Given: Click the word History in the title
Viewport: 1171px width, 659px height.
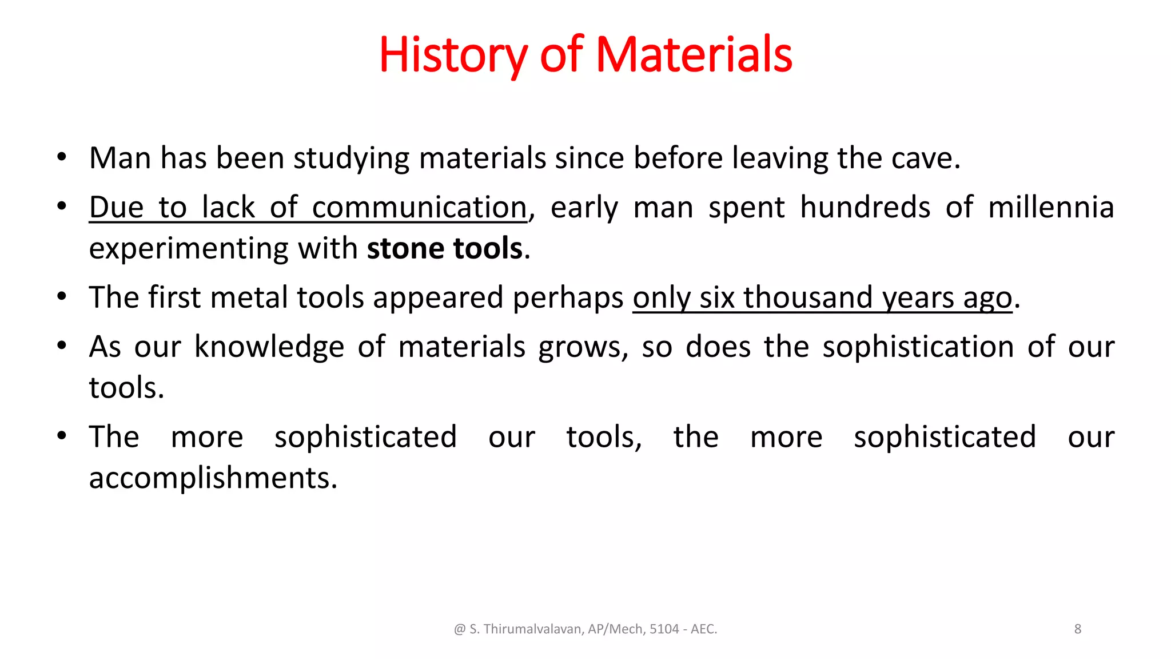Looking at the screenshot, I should [452, 55].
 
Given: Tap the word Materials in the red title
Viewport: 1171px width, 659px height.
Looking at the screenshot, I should [694, 55].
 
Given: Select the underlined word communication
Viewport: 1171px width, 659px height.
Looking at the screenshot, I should [419, 208].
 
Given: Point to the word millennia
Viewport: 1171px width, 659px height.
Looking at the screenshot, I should [1051, 208].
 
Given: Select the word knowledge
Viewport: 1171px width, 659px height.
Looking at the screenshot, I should [269, 347].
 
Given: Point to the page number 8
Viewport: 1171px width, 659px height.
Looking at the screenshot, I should [1078, 629].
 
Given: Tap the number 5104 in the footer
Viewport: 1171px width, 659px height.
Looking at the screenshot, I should [664, 629].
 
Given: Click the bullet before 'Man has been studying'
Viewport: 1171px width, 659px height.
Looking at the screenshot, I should [62, 157].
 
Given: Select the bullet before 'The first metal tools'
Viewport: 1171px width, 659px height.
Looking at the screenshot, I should [62, 297].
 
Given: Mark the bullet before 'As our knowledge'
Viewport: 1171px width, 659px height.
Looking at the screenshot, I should [62, 346].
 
